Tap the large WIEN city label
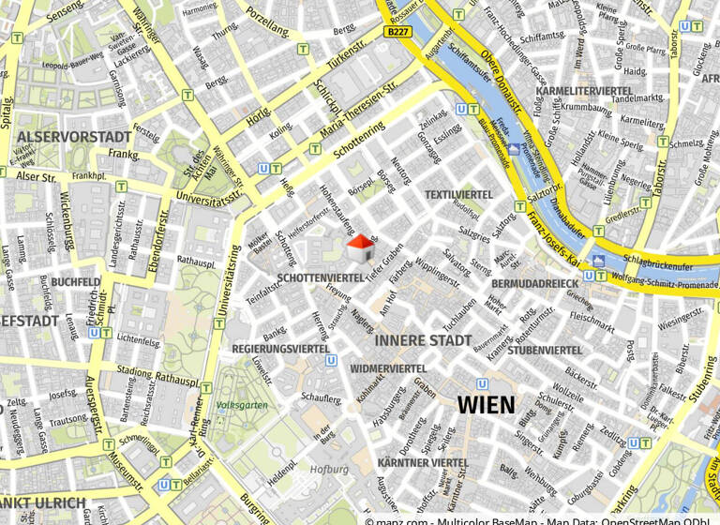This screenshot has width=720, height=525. click(x=486, y=405)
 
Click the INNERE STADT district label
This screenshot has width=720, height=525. click(x=424, y=340)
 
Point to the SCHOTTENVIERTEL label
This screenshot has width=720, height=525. click(x=321, y=278)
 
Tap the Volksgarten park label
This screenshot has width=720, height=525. click(x=242, y=405)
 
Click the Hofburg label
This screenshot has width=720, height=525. click(x=329, y=469)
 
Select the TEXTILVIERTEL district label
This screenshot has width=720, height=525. click(x=458, y=194)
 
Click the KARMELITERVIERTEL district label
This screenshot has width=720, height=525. click(x=583, y=90)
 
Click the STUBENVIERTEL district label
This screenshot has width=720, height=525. click(x=546, y=350)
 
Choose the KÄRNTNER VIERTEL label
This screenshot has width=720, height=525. click(x=423, y=463)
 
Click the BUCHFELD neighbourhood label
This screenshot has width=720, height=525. click(x=76, y=281)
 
